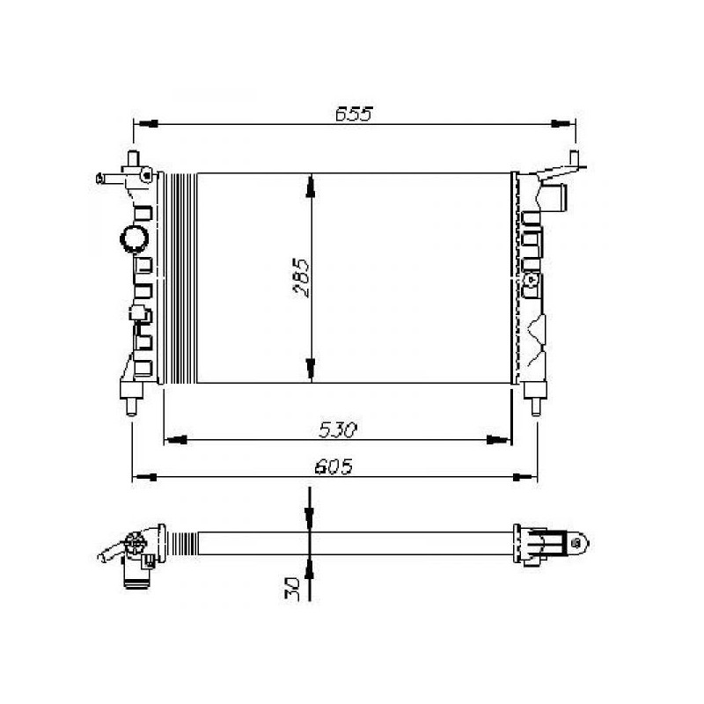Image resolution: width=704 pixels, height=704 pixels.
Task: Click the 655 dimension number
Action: [354, 114]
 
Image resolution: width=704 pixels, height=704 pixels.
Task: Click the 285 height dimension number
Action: [301, 277]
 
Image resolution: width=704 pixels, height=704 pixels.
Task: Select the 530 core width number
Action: [338, 430]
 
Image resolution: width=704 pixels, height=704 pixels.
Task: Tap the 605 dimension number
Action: [334, 467]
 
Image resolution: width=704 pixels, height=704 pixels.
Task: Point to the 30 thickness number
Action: [292, 589]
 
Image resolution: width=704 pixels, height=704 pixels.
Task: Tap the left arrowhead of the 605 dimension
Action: [144, 477]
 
